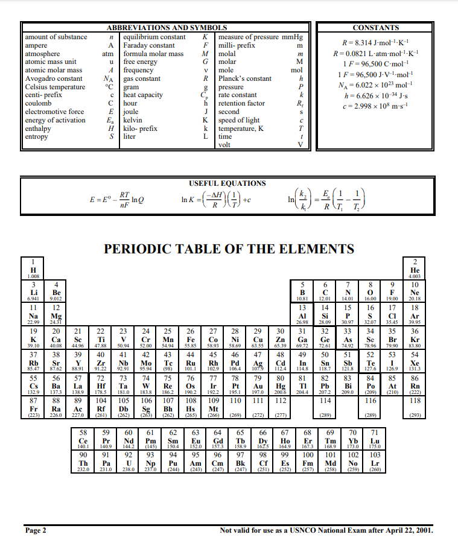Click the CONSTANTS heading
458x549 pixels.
click(375, 28)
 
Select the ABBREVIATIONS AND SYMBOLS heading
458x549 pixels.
click(167, 28)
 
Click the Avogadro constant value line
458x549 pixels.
click(375, 84)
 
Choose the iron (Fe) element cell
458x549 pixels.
click(191, 338)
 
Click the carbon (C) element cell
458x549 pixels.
click(326, 292)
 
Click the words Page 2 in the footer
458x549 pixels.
click(36, 531)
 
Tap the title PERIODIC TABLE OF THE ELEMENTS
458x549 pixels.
click(229, 249)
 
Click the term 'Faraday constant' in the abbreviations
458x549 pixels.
click(149, 45)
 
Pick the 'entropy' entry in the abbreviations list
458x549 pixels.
click(36, 137)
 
